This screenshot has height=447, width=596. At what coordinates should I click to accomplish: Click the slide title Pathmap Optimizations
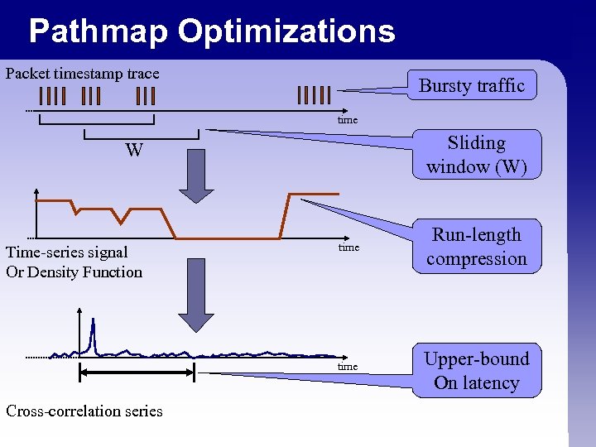pos(212,31)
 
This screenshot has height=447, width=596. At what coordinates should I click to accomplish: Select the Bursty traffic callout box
pos(472,85)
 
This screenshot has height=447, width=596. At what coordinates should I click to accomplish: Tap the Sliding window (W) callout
pos(476,155)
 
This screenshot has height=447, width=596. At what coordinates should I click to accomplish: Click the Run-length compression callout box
pos(476,247)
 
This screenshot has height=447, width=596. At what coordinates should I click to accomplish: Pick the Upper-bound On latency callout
pos(476,371)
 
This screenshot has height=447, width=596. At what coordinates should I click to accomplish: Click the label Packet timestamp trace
pos(82,74)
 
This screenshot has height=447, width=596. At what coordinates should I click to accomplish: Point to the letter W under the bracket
pos(134,151)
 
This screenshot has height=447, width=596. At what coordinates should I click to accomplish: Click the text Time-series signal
pos(67,252)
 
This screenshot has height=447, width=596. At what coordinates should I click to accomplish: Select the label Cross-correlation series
pos(84,411)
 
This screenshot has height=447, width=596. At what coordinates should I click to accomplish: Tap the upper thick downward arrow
pos(196,175)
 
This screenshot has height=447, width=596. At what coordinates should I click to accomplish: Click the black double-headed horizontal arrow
pos(136,373)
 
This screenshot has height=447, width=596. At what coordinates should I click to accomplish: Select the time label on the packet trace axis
pos(348,120)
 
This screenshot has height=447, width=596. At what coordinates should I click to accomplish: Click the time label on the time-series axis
pos(348,248)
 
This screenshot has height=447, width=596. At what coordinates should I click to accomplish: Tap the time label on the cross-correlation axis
pos(348,367)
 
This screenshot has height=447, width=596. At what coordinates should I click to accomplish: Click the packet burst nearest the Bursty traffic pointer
pos(315,94)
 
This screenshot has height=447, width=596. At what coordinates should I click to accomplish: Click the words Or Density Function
pos(74,272)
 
